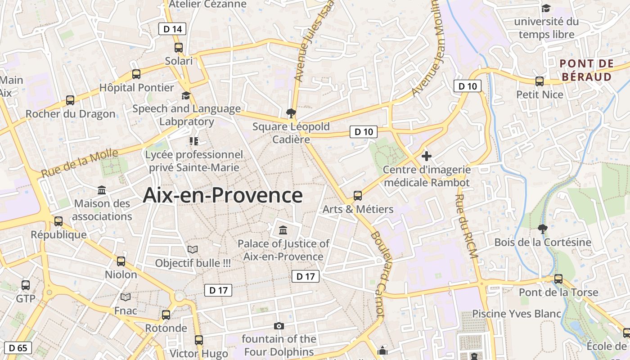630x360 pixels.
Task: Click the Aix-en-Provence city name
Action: tap(223, 195)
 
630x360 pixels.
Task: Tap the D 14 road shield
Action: tap(172, 29)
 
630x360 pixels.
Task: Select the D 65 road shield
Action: tap(18, 347)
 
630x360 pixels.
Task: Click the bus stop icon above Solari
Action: tap(179, 48)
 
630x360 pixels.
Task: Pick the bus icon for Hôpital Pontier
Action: tap(136, 74)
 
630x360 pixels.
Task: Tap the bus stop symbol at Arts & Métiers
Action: tap(358, 196)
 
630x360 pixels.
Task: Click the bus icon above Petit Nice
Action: tap(540, 81)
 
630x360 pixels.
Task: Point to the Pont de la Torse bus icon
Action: tap(558, 279)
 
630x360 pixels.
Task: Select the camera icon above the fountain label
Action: tap(279, 326)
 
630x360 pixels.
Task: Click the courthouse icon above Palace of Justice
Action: tap(283, 230)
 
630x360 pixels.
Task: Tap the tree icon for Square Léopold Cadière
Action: tap(291, 113)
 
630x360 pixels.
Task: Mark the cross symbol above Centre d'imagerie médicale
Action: tap(426, 157)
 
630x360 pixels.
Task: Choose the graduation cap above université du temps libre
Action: tap(546, 8)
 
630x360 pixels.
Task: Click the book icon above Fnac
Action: tap(126, 297)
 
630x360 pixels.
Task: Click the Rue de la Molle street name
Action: tap(80, 163)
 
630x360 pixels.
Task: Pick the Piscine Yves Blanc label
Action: tap(517, 314)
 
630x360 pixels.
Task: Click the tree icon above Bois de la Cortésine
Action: tap(543, 229)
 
